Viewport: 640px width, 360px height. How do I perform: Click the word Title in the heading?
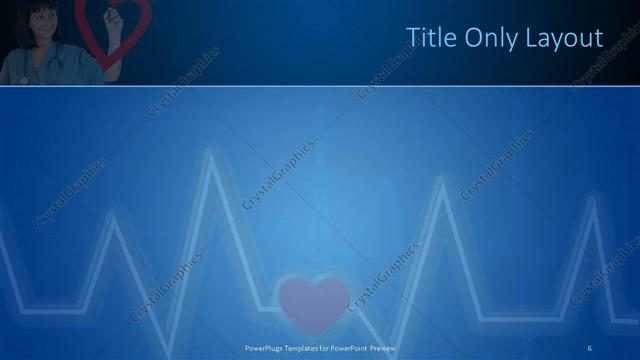(428, 38)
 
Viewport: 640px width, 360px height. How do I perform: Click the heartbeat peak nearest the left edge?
(114, 216)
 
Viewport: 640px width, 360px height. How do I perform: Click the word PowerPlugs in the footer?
(265, 347)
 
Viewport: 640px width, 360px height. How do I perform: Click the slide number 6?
(591, 347)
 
